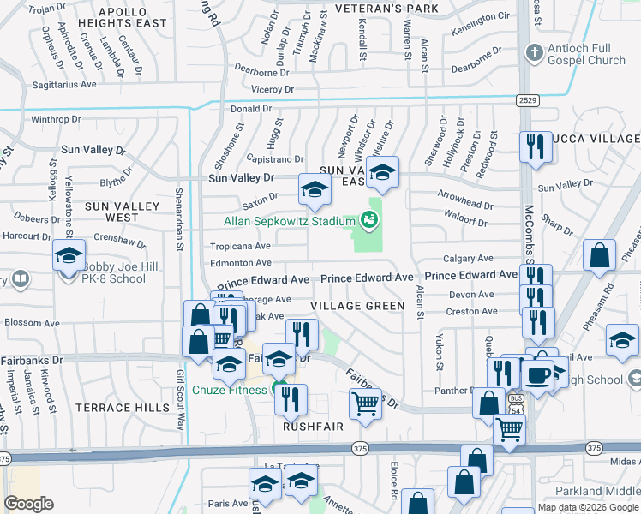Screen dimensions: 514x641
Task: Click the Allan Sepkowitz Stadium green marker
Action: (370, 220)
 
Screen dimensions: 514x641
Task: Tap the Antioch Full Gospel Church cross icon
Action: (534, 54)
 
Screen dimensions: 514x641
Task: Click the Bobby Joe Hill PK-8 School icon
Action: (69, 255)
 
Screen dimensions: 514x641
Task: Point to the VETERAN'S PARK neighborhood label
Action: (386, 9)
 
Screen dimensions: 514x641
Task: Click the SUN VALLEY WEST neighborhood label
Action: (122, 212)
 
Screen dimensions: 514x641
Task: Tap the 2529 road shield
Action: (528, 101)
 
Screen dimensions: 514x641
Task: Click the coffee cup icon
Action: (537, 375)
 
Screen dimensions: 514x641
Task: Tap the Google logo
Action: (28, 504)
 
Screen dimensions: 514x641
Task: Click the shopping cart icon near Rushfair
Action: (365, 403)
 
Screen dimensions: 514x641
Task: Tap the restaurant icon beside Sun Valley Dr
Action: (535, 146)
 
